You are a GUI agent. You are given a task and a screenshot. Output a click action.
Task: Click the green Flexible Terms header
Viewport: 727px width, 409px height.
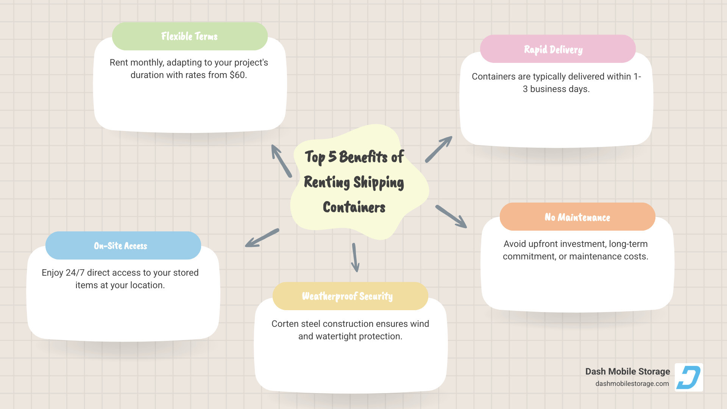tap(190, 36)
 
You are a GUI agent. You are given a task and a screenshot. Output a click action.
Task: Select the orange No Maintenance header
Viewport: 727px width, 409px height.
tap(577, 217)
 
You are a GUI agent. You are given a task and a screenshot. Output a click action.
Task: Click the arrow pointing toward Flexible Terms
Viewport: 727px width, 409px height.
tap(281, 161)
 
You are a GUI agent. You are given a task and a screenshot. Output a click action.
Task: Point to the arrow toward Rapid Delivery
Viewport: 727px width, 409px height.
tap(438, 149)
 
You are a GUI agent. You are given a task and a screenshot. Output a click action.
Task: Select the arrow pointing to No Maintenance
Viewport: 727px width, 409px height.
tap(451, 217)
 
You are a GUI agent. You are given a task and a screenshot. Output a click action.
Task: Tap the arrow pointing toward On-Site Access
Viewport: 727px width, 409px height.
tap(262, 238)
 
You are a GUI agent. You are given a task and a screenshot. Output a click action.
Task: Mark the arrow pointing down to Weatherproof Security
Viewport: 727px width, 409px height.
tap(355, 258)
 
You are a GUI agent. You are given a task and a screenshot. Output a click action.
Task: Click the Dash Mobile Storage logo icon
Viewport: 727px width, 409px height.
tap(689, 377)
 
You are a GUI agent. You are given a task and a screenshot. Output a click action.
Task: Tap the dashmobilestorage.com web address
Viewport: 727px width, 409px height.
tap(632, 384)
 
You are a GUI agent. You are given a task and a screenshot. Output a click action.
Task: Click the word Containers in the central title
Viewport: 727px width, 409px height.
tap(354, 208)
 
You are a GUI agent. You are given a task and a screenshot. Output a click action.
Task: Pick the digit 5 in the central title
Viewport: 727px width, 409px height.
tap(332, 157)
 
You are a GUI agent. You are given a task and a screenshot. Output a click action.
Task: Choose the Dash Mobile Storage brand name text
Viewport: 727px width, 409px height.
tap(627, 372)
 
